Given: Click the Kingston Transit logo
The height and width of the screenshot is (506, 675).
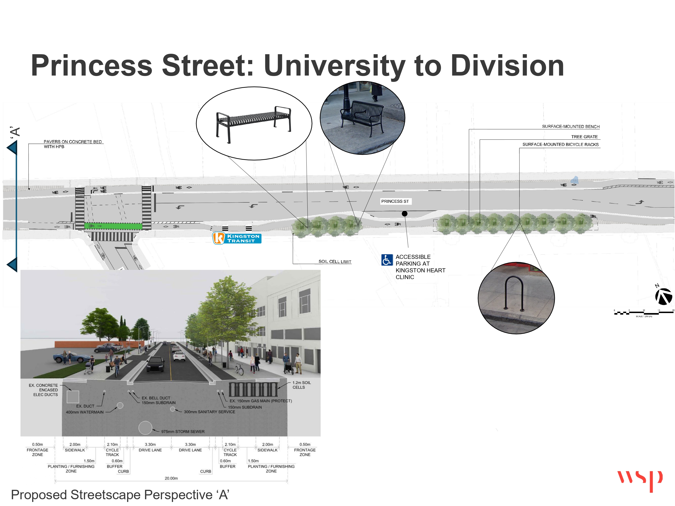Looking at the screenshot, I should coord(237,238).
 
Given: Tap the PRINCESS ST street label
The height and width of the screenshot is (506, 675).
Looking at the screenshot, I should coord(395,201).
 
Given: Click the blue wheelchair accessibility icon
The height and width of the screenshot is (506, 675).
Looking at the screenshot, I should coord(387,260).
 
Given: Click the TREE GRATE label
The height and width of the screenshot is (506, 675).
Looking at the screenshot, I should coord(584,137).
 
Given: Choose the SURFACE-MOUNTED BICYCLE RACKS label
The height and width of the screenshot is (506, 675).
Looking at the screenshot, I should coord(560,144).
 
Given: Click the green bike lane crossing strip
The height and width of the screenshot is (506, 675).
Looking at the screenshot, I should coord(113,226).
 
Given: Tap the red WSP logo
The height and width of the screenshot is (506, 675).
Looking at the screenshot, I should coord(640,479).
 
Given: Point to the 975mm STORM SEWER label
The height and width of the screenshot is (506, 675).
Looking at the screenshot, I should coord(183,431).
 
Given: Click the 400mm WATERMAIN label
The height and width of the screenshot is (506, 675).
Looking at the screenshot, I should coord(85,412).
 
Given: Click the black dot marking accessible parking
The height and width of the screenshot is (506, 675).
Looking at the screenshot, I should coord(404,213).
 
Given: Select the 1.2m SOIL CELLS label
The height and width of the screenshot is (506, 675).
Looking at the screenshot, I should coord(301,385).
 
